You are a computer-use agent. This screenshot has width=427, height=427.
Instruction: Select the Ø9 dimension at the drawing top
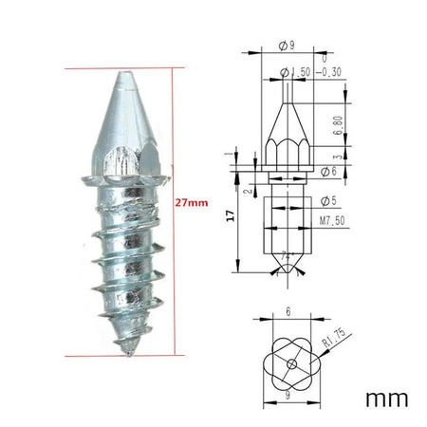click(287, 44)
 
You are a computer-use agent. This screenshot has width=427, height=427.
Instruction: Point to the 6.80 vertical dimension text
click(339, 125)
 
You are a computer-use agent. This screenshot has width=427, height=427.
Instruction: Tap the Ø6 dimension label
click(328, 170)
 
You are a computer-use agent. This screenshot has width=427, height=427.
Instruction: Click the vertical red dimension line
click(173, 213)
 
